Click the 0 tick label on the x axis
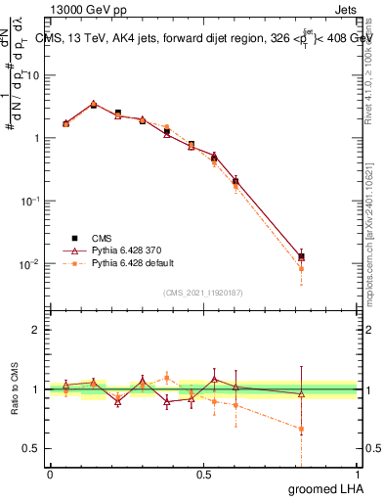(x=51, y=475)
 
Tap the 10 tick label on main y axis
(x=34, y=75)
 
